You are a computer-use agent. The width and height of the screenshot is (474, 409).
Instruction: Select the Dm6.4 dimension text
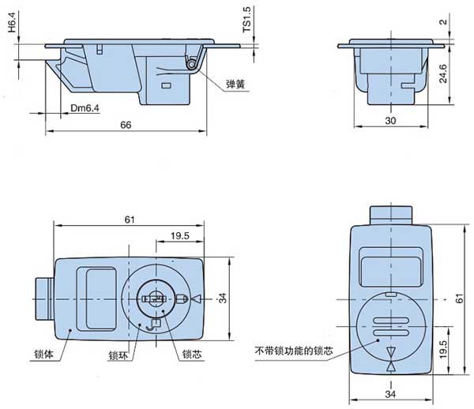click(85, 108)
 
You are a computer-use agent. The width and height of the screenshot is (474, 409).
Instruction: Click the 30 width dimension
click(389, 120)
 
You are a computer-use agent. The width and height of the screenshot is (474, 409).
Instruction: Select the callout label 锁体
click(43, 355)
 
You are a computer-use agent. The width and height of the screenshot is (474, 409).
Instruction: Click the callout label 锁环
click(119, 355)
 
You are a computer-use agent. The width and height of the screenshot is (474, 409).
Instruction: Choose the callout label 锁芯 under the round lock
click(191, 355)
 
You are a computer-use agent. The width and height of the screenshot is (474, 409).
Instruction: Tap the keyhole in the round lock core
click(154, 298)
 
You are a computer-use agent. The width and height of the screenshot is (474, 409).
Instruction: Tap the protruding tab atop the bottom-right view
click(390, 214)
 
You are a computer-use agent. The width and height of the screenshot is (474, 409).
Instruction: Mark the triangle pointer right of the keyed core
click(197, 299)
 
